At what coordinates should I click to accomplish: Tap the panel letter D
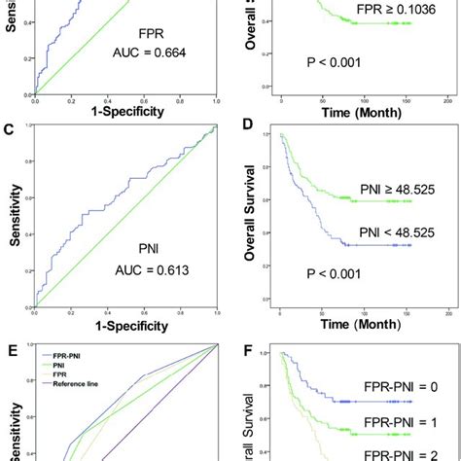coord(248,129)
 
